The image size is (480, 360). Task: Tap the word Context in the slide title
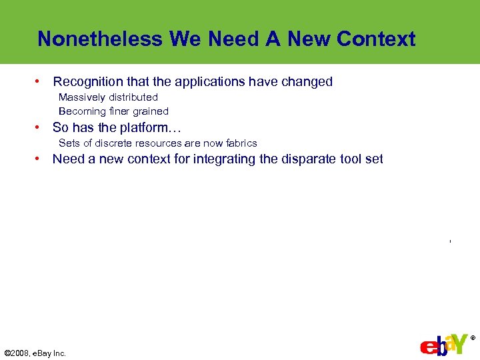376,39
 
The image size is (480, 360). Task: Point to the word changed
307,82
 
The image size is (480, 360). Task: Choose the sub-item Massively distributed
108,97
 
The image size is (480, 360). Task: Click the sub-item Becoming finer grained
113,111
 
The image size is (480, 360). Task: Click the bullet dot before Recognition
39,82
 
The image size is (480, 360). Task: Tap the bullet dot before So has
39,127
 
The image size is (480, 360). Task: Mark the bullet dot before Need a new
39,159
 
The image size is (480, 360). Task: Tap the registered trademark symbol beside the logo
473,338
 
